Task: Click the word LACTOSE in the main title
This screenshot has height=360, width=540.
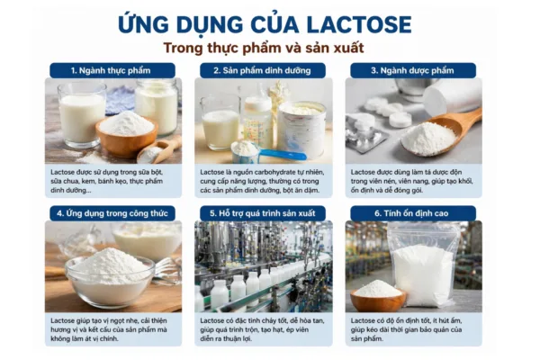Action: click(x=352, y=23)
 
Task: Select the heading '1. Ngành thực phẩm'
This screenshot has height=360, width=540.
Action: click(x=112, y=70)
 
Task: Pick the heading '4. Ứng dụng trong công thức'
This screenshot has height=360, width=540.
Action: click(x=112, y=213)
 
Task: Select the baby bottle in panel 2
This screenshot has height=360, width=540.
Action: click(x=256, y=117)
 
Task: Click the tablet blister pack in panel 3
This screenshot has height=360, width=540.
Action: click(x=364, y=131)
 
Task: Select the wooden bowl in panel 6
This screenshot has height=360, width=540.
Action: click(x=379, y=296)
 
